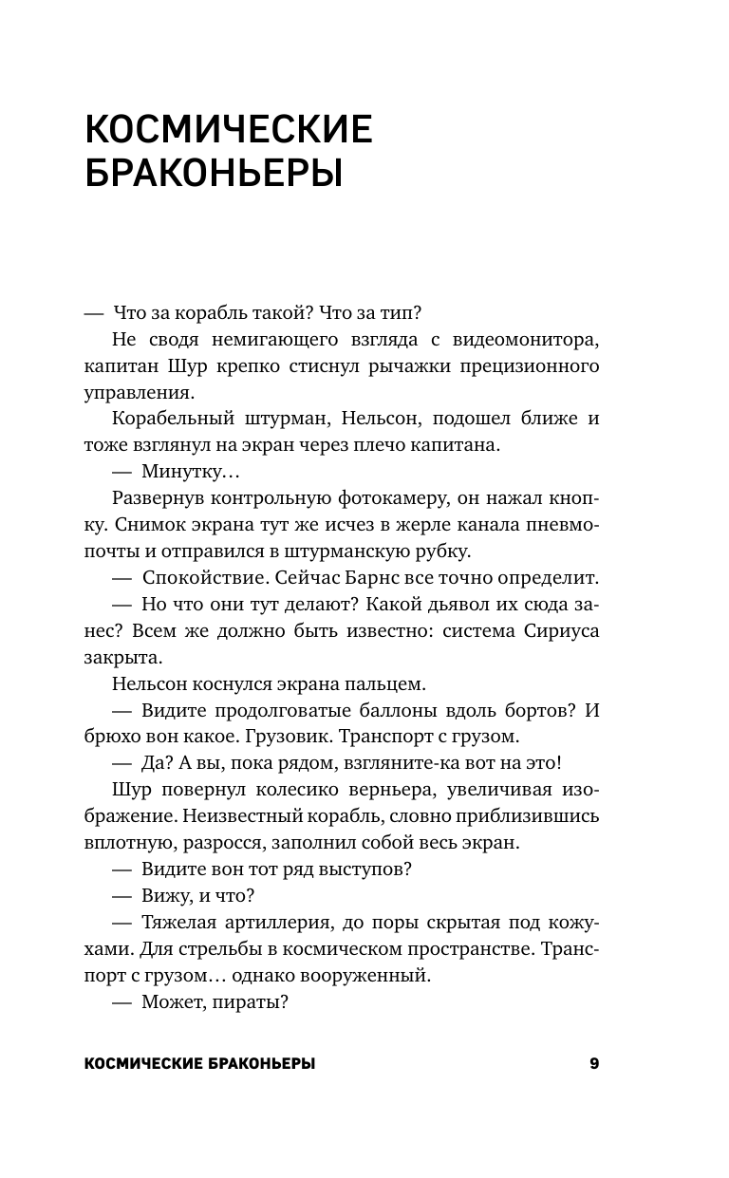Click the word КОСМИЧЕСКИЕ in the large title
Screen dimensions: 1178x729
coord(227,128)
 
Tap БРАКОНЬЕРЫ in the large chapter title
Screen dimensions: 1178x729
coord(213,175)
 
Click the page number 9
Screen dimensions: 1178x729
coord(594,1064)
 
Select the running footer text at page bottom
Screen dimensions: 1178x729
coord(200,1065)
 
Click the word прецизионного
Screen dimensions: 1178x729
coord(522,365)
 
